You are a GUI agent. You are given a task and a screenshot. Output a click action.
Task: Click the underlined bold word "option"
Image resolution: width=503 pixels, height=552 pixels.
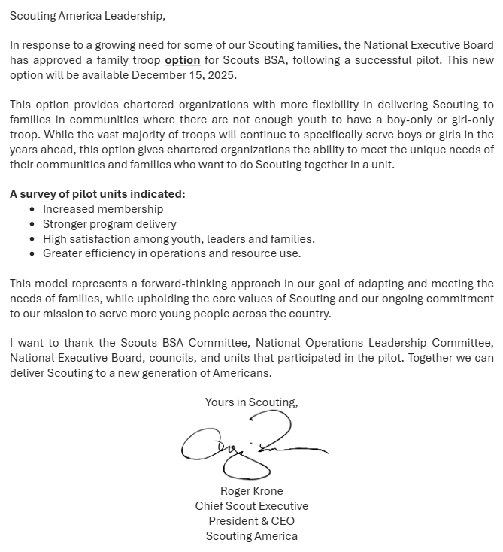(183, 60)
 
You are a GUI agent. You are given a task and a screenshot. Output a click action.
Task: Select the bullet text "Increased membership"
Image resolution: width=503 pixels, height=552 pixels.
(103, 209)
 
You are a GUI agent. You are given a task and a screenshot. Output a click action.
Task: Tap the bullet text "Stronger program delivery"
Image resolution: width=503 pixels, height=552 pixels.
(110, 224)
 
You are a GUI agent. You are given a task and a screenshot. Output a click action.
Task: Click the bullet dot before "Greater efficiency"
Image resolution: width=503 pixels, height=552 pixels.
(32, 253)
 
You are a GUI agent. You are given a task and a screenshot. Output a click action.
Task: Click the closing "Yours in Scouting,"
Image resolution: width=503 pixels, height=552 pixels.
(252, 402)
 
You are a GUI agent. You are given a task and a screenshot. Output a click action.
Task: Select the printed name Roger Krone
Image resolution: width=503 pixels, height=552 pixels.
(252, 491)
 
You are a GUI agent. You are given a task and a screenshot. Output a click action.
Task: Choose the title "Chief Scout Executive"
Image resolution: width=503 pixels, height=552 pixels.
(252, 506)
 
